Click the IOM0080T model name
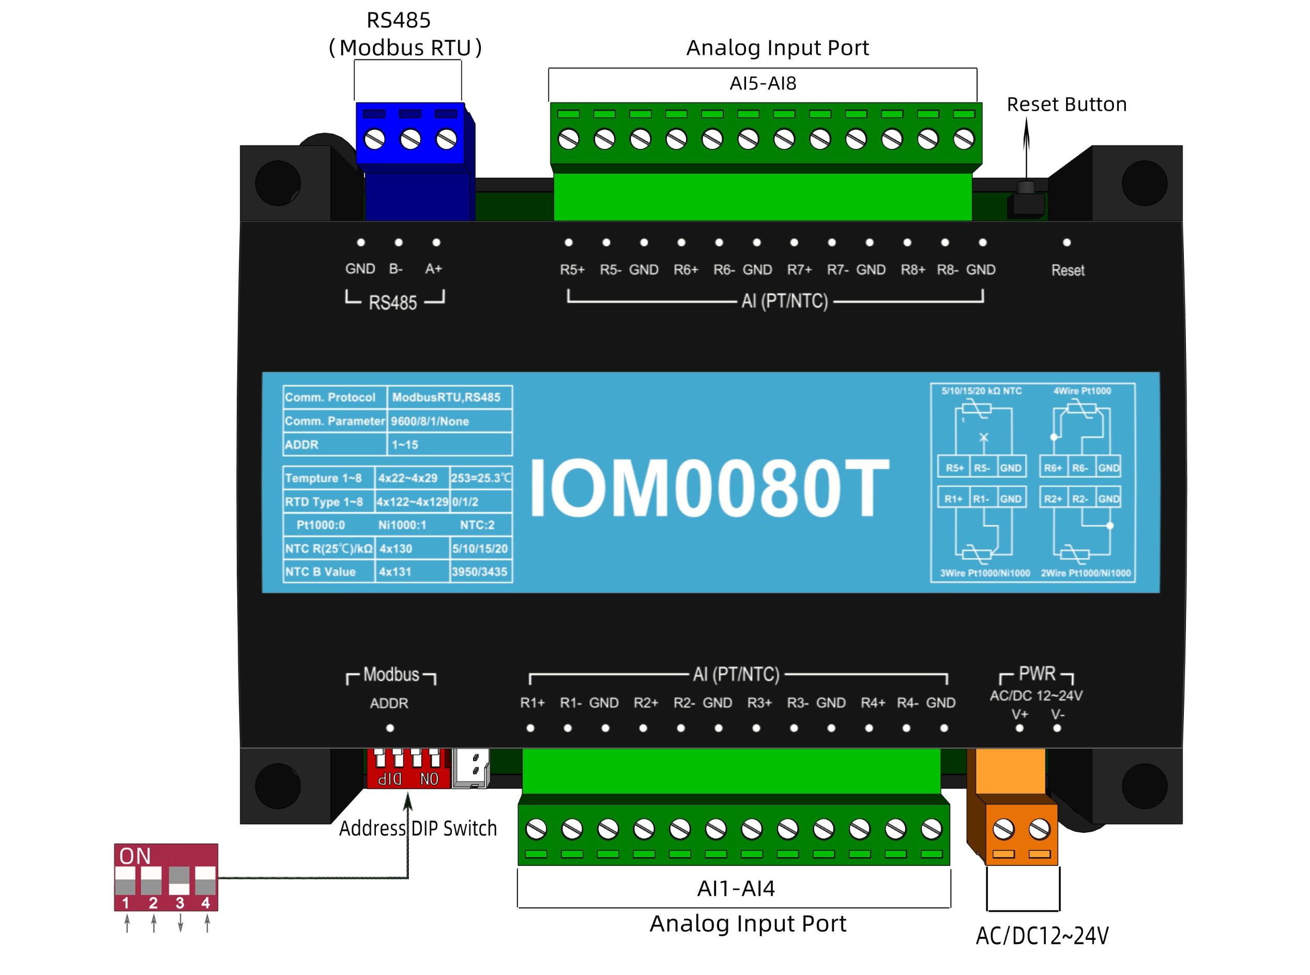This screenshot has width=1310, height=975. [710, 488]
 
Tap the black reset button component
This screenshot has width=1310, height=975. [1026, 201]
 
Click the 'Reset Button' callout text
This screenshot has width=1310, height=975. [1067, 104]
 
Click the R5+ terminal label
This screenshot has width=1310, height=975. [572, 270]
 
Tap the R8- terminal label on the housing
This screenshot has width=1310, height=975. [947, 270]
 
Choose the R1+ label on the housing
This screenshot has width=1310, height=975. [532, 703]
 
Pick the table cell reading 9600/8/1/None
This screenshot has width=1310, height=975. [430, 421]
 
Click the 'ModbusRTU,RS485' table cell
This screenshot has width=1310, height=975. [446, 398]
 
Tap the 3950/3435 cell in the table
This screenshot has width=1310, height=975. [479, 572]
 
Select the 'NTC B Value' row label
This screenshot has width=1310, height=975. [321, 572]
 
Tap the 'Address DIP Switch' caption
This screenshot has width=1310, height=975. [418, 829]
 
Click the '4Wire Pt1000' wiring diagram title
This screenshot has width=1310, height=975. [1082, 391]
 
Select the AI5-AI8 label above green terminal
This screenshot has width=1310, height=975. [763, 83]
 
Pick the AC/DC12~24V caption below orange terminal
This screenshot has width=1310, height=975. [1042, 936]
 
